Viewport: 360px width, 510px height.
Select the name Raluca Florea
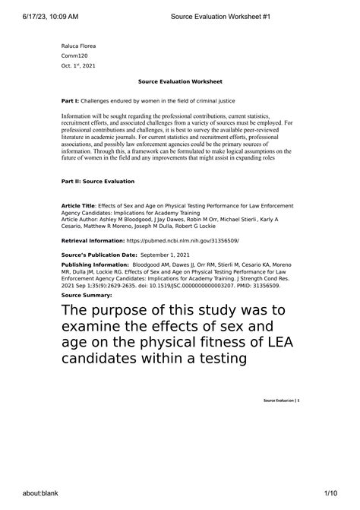point(78,46)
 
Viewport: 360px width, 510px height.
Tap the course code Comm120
point(74,56)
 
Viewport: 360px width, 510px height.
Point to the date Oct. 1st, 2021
point(79,66)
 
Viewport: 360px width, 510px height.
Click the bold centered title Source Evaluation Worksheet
point(180,82)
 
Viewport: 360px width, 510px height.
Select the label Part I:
point(70,100)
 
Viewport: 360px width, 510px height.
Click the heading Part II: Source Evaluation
point(97,182)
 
